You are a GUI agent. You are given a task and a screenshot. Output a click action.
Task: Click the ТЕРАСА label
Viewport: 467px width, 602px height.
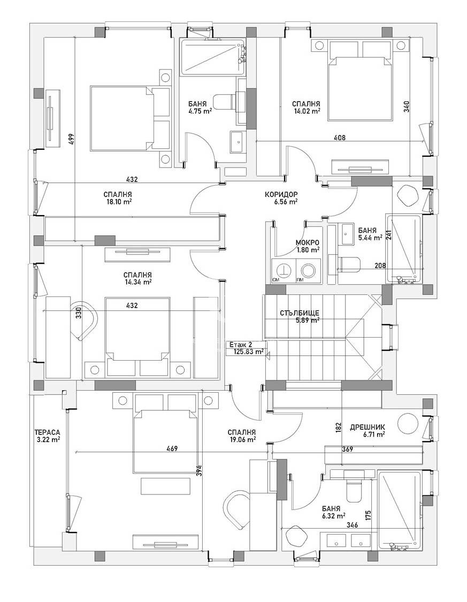click(x=47, y=432)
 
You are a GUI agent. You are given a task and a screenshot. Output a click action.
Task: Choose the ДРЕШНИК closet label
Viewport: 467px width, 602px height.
click(x=367, y=428)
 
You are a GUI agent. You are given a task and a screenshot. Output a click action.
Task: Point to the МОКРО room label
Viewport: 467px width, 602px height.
click(x=308, y=242)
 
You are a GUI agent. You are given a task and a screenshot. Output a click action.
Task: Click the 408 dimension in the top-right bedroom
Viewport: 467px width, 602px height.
click(x=339, y=138)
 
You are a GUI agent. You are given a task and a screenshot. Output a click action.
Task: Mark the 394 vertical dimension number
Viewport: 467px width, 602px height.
click(x=198, y=470)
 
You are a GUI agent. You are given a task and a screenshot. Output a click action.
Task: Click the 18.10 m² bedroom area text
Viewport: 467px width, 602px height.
click(x=119, y=202)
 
